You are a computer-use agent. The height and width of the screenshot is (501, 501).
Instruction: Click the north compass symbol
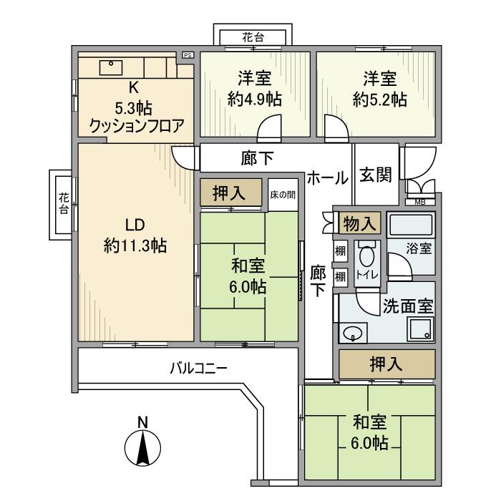click(x=142, y=448)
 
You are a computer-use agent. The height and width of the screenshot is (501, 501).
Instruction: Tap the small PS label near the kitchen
click(x=188, y=54)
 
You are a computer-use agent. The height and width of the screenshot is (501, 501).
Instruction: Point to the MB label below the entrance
click(x=419, y=202)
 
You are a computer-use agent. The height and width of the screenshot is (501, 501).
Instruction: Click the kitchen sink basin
click(x=112, y=67)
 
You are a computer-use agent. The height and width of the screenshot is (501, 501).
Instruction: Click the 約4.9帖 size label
click(x=253, y=99)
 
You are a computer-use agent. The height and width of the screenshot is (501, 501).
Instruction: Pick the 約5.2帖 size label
click(x=379, y=99)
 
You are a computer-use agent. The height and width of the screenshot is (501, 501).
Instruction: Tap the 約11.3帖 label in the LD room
click(x=135, y=246)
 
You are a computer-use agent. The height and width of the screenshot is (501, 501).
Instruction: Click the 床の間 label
click(x=282, y=194)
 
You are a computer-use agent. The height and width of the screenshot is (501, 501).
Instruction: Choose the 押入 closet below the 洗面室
click(x=387, y=364)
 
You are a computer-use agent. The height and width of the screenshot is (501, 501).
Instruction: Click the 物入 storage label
click(x=360, y=223)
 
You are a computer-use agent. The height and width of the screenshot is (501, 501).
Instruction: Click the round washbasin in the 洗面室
click(x=353, y=332)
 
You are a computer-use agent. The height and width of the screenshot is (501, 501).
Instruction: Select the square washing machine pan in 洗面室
click(x=419, y=330)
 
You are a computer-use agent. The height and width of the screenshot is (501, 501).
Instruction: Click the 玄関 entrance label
click(x=374, y=175)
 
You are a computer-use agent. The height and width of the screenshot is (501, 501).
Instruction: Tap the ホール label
click(x=328, y=177)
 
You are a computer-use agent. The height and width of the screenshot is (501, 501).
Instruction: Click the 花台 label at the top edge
click(x=254, y=37)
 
